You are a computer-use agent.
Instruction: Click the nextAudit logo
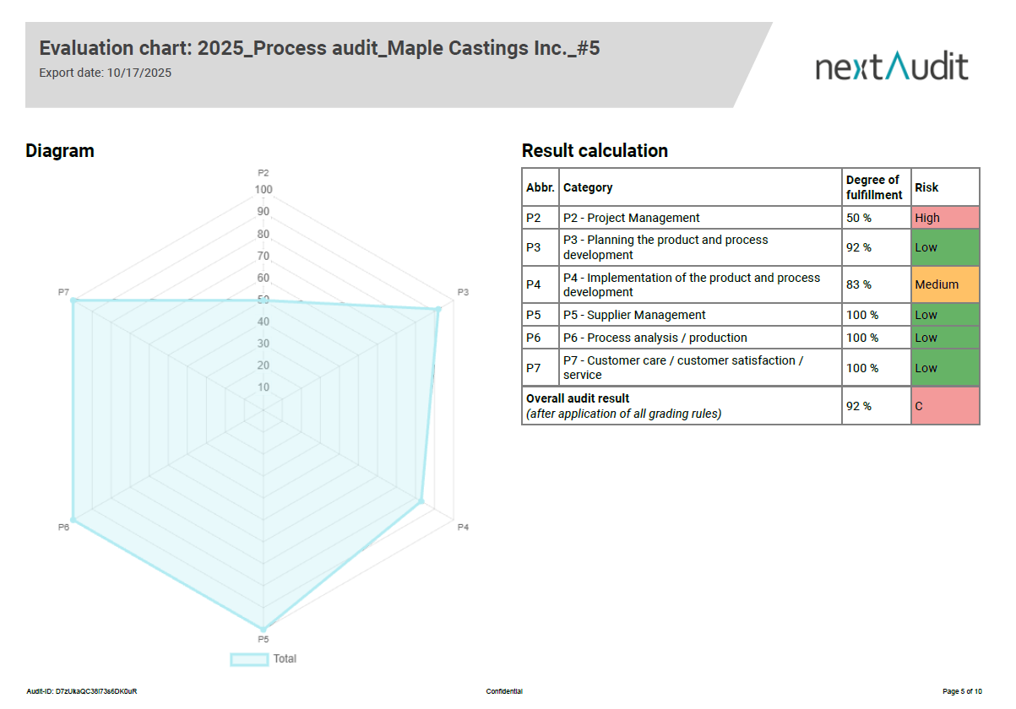click(x=892, y=66)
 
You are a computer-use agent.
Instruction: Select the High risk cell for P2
click(x=945, y=218)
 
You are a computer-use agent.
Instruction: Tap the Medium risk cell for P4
click(x=945, y=284)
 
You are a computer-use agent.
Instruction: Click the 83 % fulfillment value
click(x=860, y=284)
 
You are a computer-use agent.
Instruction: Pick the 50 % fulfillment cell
click(x=860, y=218)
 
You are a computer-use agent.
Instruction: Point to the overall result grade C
click(x=945, y=406)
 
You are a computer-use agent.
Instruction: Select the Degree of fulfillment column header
click(x=875, y=187)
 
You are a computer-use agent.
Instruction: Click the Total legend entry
click(x=264, y=659)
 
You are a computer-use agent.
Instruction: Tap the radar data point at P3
click(x=437, y=310)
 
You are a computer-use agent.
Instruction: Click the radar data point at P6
click(x=73, y=520)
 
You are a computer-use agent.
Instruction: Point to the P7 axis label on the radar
click(x=63, y=292)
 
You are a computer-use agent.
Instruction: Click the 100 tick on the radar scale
click(x=264, y=189)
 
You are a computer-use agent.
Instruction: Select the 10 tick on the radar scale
click(x=264, y=387)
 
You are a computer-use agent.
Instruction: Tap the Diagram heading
click(x=60, y=151)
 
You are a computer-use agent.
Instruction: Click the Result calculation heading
click(x=595, y=151)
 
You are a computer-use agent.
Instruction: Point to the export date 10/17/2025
click(x=139, y=73)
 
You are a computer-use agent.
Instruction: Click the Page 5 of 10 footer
click(x=962, y=692)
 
